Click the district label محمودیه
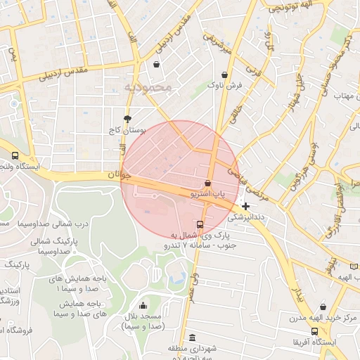pos(148,87)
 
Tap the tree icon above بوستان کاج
pos(127,118)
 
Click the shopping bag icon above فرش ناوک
pos(224,75)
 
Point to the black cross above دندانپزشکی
pos(245,206)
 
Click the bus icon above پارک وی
pos(200,225)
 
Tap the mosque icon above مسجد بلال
pos(143,306)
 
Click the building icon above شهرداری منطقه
pos(193,338)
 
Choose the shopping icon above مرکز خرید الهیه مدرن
pos(323,307)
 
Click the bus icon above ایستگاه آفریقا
pos(314,332)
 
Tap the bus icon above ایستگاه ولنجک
pos(15,156)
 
